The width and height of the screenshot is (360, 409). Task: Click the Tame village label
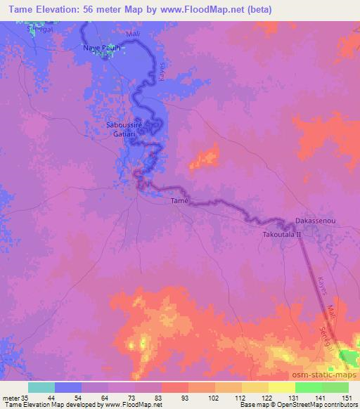click(x=179, y=201)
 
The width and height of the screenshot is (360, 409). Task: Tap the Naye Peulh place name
click(x=100, y=48)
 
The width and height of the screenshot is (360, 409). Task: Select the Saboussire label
click(x=124, y=124)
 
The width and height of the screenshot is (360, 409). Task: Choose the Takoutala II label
click(x=281, y=234)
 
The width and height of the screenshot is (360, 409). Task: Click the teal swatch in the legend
click(x=41, y=387)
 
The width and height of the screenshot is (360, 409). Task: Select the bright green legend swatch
click(x=308, y=387)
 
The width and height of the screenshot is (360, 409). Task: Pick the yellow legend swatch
click(x=281, y=387)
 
